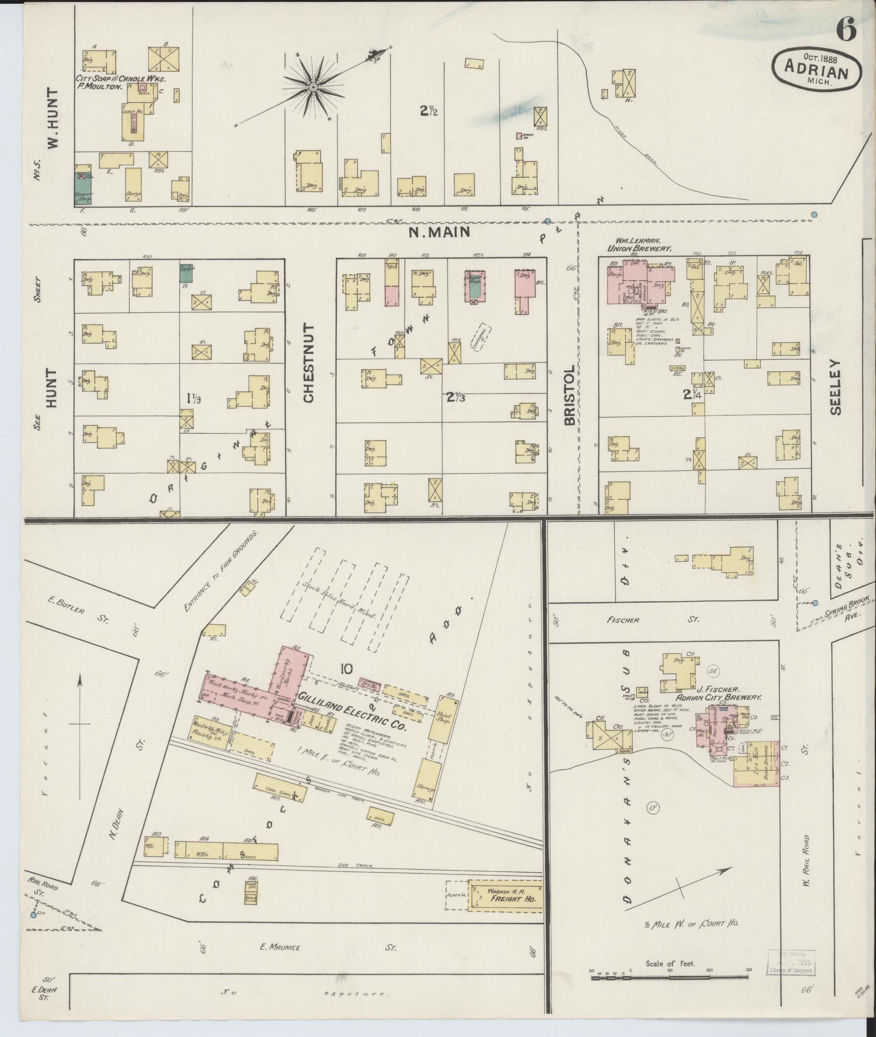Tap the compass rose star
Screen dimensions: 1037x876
[x=313, y=87]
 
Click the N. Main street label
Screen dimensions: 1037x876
[x=439, y=232]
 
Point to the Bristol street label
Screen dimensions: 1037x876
[x=570, y=395]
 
